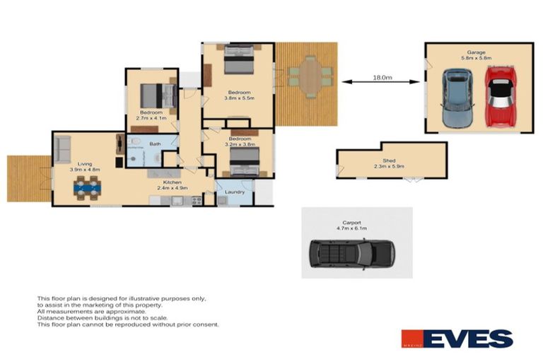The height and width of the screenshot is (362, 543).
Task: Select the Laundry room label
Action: [x=234, y=192]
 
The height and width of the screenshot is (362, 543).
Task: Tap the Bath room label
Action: [x=154, y=144]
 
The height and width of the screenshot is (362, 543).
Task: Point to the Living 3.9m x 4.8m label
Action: [x=86, y=167]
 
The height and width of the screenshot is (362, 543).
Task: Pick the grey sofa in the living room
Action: [x=63, y=149]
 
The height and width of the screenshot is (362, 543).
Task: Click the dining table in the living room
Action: [x=88, y=187]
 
